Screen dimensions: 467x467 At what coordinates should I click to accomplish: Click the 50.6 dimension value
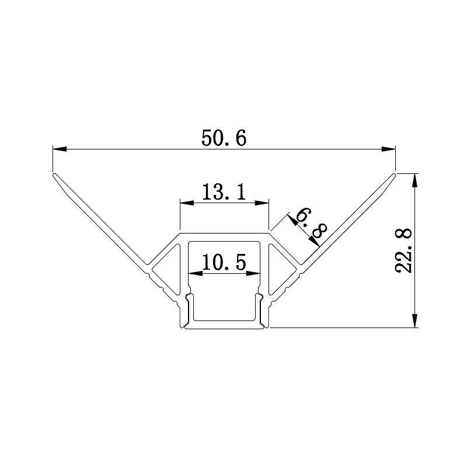pyautogui.click(x=225, y=138)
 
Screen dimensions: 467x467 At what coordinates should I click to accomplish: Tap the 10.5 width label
pyautogui.click(x=225, y=262)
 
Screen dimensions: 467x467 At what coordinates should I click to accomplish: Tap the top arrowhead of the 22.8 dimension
pyautogui.click(x=415, y=179)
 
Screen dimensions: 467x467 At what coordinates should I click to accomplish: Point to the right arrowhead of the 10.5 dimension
pyautogui.click(x=255, y=273)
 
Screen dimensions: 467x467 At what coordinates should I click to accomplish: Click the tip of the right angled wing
pyautogui.click(x=395, y=175)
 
